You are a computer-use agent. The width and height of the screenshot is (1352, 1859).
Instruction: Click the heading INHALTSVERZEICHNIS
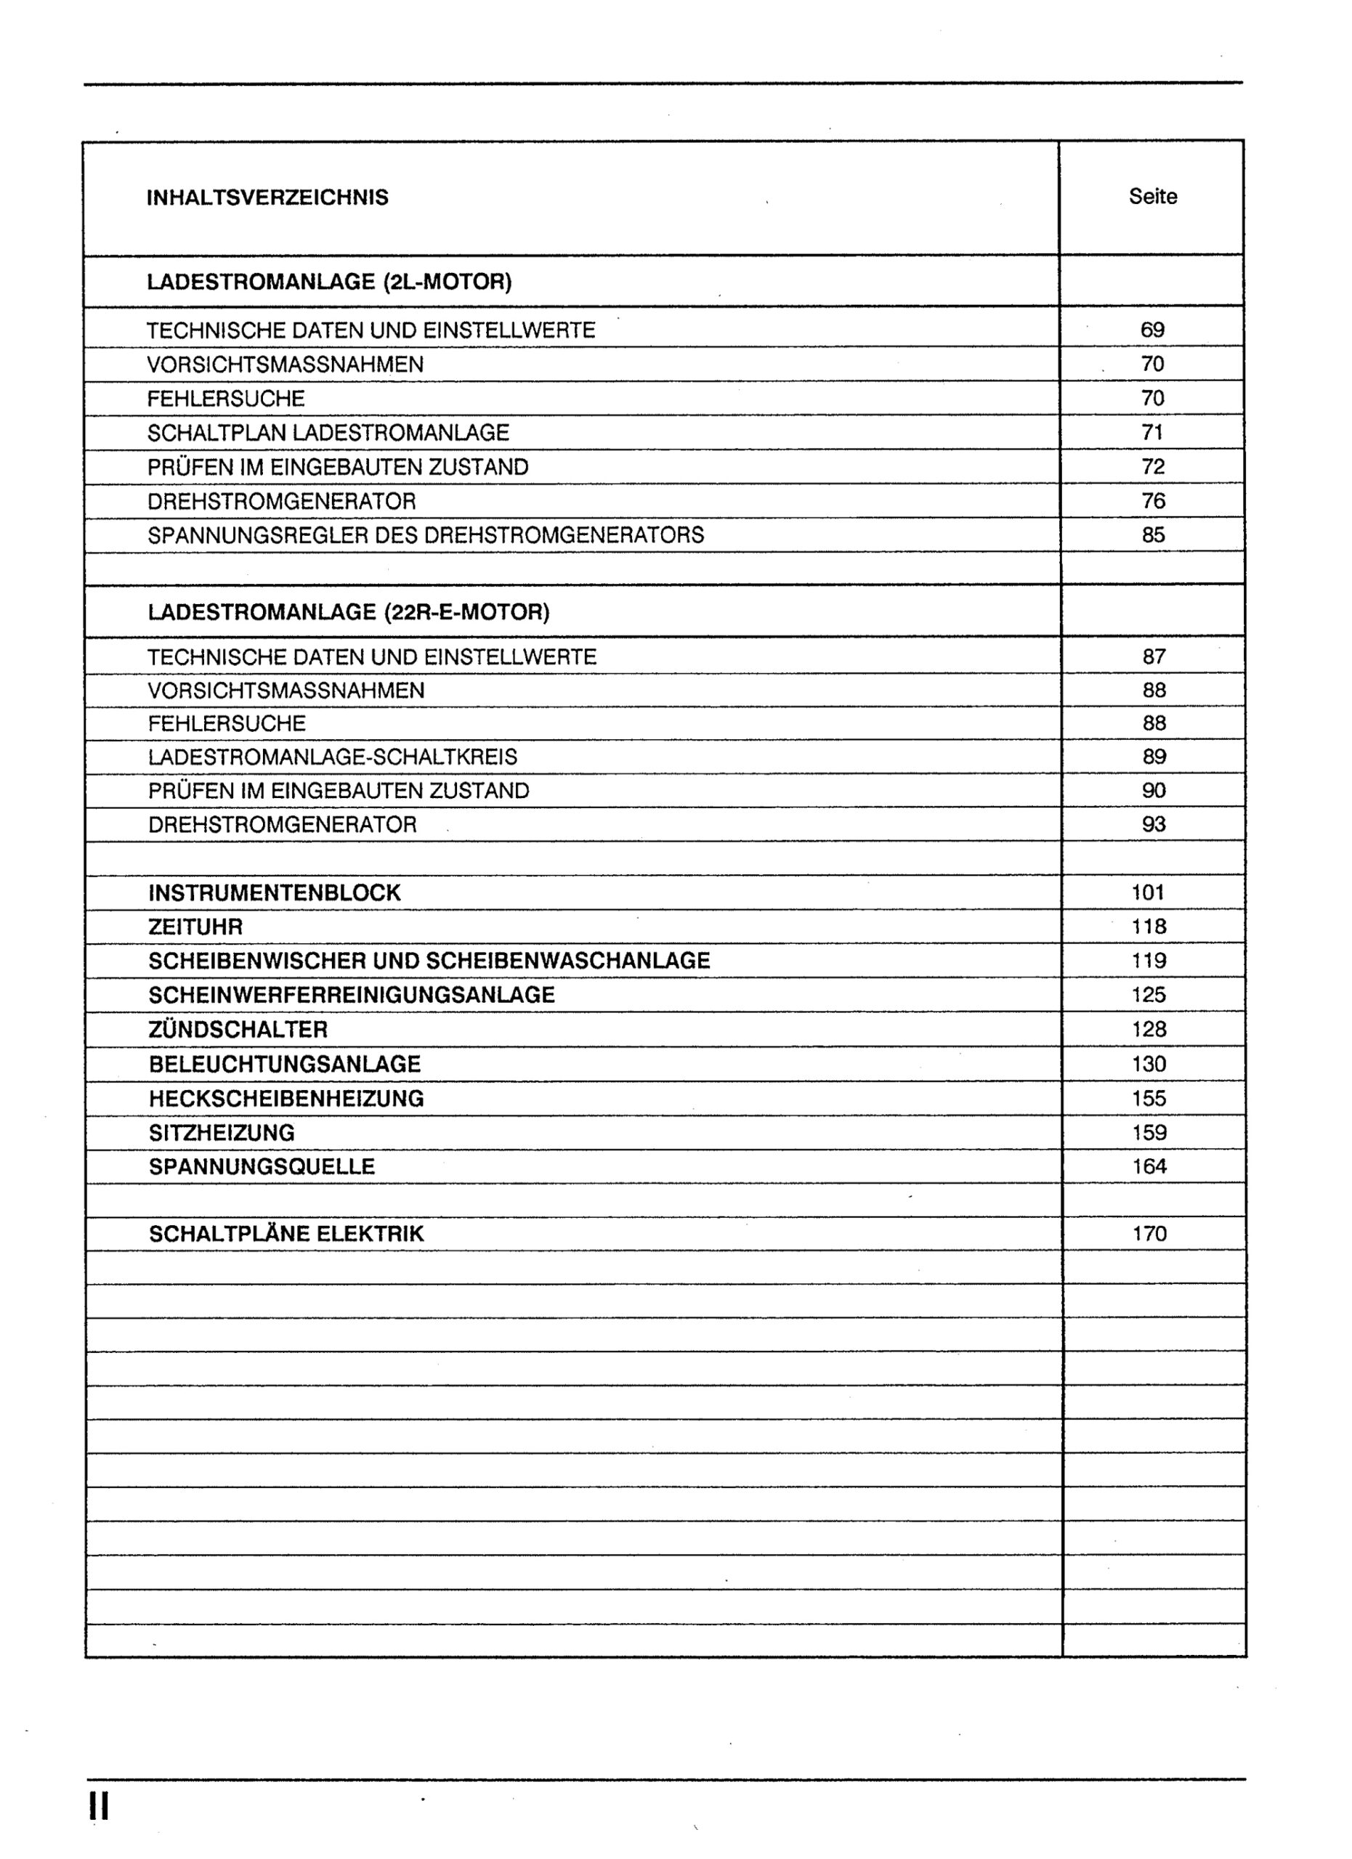(x=267, y=198)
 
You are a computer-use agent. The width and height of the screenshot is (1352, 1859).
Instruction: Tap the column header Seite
(x=1153, y=197)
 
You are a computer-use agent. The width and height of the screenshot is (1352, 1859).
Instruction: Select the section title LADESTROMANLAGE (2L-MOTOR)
(x=329, y=282)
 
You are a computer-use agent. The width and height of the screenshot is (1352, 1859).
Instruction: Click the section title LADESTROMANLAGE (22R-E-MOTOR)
(x=349, y=612)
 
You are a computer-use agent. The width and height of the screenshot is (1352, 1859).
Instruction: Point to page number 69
(x=1152, y=330)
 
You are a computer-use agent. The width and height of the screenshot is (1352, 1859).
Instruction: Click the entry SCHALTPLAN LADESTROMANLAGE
(x=328, y=433)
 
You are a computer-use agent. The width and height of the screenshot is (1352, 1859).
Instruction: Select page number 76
(x=1153, y=501)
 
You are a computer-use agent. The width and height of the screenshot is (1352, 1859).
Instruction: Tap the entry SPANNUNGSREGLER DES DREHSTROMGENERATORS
(x=426, y=535)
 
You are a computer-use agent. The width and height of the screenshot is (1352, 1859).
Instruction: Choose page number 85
(x=1153, y=535)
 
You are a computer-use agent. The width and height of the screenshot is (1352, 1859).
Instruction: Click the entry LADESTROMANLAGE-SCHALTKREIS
(x=333, y=757)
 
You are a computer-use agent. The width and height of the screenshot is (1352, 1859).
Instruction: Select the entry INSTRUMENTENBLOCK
(x=275, y=892)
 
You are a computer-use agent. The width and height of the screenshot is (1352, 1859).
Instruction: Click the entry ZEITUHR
(x=196, y=927)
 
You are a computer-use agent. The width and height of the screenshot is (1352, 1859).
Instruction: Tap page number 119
(x=1149, y=961)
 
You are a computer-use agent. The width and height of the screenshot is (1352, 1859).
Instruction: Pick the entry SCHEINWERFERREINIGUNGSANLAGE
(x=352, y=995)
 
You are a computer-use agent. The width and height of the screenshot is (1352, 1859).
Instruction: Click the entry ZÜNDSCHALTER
(x=238, y=1030)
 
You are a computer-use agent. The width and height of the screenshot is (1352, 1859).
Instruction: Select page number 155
(x=1149, y=1099)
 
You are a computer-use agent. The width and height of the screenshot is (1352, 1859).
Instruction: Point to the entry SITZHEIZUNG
(x=222, y=1133)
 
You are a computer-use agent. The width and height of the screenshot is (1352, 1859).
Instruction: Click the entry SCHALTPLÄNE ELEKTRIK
(x=286, y=1234)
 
